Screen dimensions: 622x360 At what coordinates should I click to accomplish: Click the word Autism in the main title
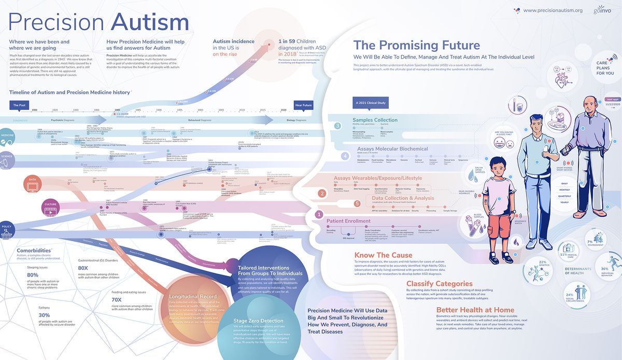pos(151,22)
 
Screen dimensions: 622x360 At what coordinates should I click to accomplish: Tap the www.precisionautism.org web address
pos(553,10)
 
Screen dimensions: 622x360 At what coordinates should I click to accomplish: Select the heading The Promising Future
pos(416,45)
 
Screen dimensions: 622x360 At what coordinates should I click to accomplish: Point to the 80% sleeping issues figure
pos(33,274)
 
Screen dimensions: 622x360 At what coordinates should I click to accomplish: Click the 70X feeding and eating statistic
pos(117,299)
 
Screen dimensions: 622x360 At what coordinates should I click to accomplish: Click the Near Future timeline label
pos(304,105)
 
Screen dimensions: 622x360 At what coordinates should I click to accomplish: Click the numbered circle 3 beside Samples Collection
pos(337,126)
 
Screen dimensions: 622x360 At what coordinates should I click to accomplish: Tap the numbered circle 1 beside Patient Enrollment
pos(320,213)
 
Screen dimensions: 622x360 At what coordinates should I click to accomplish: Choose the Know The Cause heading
pos(384,255)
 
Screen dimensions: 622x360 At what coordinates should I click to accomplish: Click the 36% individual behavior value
pos(604,269)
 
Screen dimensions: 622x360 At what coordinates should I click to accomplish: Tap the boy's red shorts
pos(499,211)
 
